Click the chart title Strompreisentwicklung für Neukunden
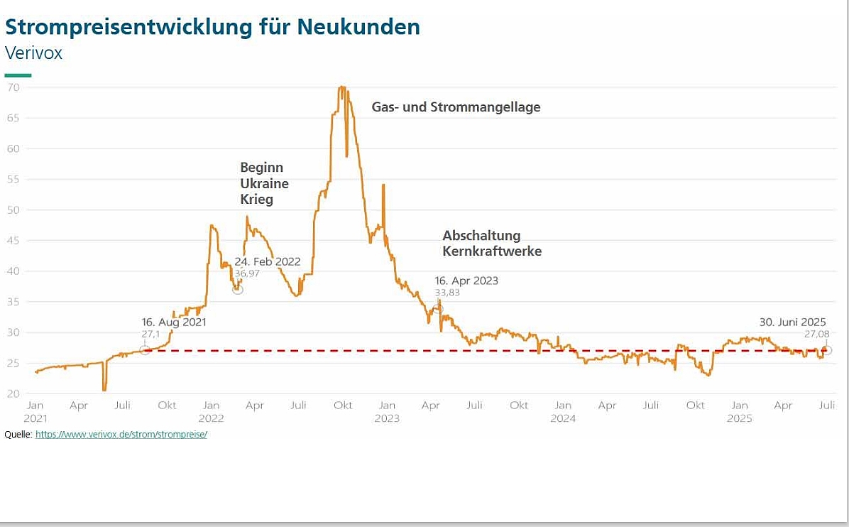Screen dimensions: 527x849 pyautogui.click(x=212, y=27)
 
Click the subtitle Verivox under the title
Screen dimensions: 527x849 pyautogui.click(x=33, y=53)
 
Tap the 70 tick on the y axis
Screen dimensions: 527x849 pyautogui.click(x=13, y=87)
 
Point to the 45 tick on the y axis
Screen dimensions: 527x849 pyautogui.click(x=13, y=241)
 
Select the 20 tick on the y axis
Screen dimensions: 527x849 pyautogui.click(x=13, y=393)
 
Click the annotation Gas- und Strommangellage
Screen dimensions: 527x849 pyautogui.click(x=456, y=107)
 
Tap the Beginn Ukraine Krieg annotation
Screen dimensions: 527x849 pyautogui.click(x=264, y=183)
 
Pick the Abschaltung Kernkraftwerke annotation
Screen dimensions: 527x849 pyautogui.click(x=491, y=243)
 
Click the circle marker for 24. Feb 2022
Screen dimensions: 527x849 pyautogui.click(x=238, y=289)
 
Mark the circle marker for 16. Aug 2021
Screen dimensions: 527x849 pyautogui.click(x=145, y=349)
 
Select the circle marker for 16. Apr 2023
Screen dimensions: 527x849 pyautogui.click(x=437, y=308)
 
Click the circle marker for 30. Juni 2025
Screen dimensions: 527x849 pyautogui.click(x=827, y=350)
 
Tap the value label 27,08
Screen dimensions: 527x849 pyautogui.click(x=815, y=333)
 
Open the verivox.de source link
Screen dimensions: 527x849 pyautogui.click(x=121, y=434)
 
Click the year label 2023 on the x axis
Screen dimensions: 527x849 pyautogui.click(x=387, y=418)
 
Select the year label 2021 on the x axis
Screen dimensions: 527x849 pyautogui.click(x=34, y=418)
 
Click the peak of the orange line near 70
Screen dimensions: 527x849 pyautogui.click(x=342, y=87)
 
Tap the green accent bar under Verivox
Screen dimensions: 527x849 pyautogui.click(x=18, y=75)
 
